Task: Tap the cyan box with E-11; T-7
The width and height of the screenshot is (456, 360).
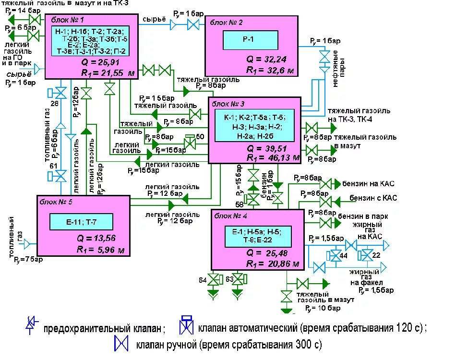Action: point(81,222)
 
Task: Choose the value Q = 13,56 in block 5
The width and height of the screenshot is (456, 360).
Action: point(96,238)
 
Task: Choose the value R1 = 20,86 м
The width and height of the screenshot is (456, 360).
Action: point(273,264)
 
